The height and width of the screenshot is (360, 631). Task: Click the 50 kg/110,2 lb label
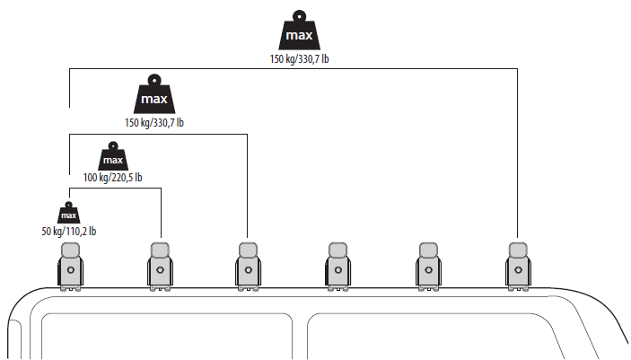point(69,231)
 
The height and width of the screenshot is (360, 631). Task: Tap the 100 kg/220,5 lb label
point(113,177)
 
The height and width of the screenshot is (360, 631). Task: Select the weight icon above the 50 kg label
point(69,213)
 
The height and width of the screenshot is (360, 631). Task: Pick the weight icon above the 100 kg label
point(113,156)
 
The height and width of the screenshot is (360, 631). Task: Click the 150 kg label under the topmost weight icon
point(299,58)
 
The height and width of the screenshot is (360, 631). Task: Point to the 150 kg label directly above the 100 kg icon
point(154,122)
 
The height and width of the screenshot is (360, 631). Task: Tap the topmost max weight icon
point(299,31)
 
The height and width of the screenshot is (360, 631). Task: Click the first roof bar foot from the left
point(71,267)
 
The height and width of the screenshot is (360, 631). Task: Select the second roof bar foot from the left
point(160,267)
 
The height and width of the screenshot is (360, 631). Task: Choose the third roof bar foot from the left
point(249,267)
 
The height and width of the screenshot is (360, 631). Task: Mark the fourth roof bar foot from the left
point(338,267)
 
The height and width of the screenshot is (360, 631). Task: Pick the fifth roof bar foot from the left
point(428,267)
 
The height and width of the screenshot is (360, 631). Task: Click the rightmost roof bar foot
point(518,267)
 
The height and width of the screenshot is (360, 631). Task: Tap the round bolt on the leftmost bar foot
point(71,270)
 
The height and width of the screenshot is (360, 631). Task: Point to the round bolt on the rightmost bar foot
point(518,270)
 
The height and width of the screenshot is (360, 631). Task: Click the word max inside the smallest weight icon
point(69,215)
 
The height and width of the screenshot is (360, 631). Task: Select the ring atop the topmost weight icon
point(299,16)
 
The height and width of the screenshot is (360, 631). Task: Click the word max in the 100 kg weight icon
point(113,161)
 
